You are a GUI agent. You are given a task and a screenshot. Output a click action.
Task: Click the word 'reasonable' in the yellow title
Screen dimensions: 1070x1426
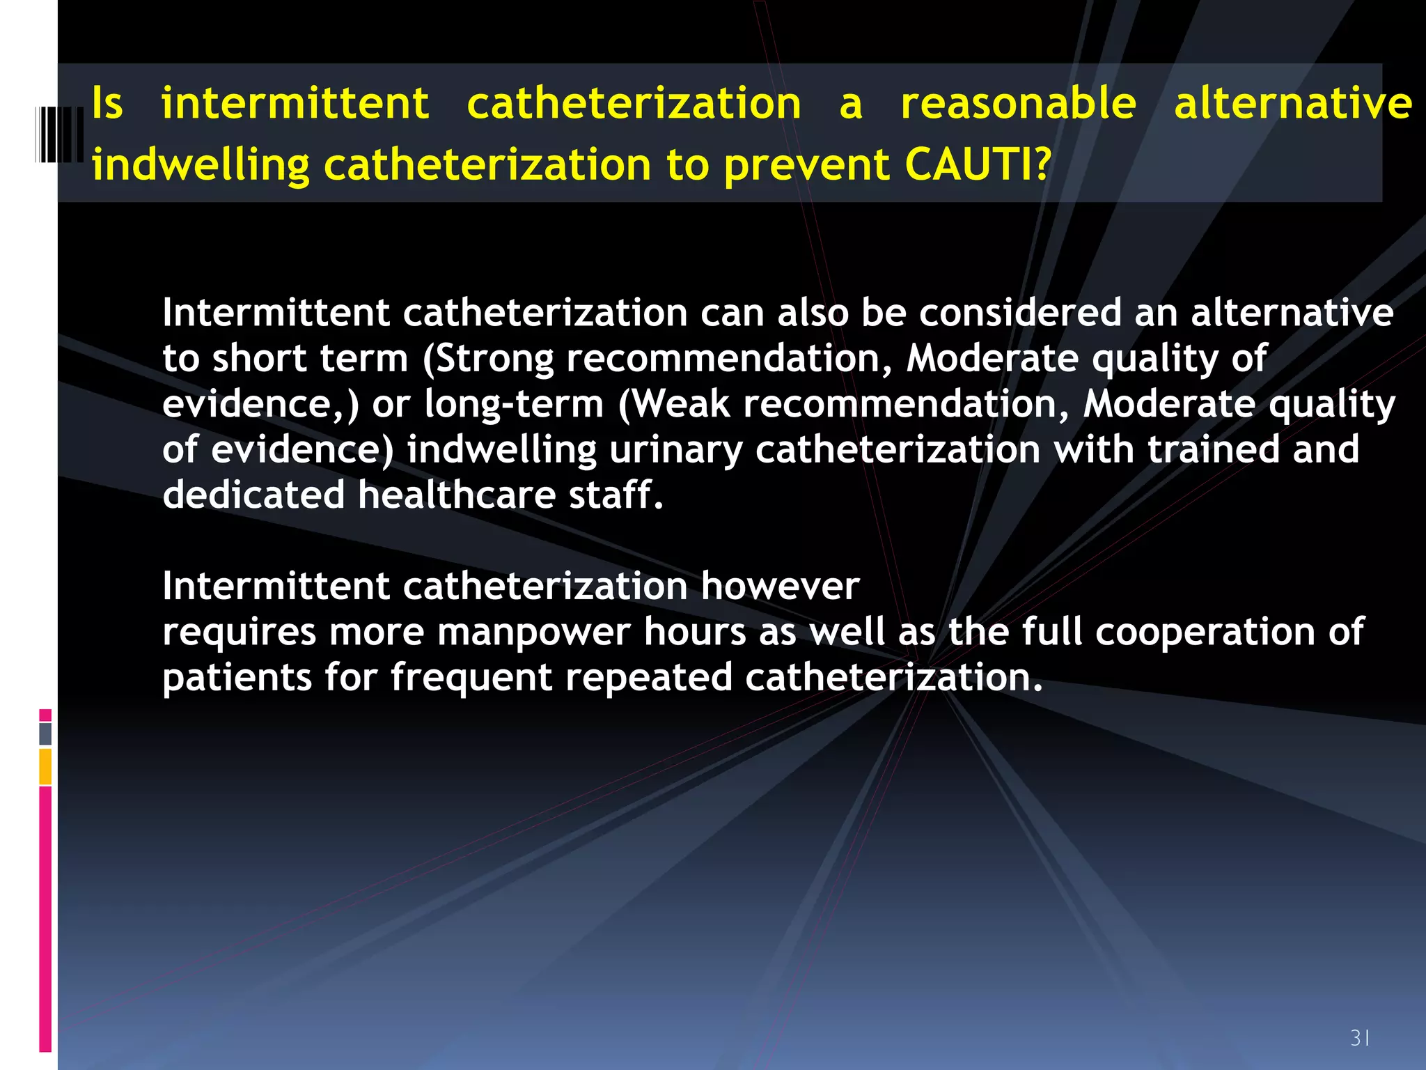coord(1019,104)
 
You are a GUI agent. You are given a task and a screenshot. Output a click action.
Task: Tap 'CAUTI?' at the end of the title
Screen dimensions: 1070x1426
coord(978,165)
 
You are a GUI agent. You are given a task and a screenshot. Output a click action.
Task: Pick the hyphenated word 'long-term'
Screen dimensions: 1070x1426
coord(514,404)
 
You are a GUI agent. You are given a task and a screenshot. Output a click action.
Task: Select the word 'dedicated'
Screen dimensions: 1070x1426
coord(253,495)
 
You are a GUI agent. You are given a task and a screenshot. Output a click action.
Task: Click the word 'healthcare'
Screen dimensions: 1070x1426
coord(457,495)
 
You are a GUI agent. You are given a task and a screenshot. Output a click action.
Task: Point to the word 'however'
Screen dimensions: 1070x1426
coord(780,586)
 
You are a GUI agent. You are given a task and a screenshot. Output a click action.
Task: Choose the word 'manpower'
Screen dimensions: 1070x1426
coord(533,633)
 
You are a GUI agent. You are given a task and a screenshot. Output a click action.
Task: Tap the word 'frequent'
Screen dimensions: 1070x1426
coord(471,678)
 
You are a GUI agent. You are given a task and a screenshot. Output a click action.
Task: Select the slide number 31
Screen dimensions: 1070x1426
coord(1360,1038)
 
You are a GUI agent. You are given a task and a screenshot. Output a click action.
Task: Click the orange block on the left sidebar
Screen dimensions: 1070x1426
coord(45,766)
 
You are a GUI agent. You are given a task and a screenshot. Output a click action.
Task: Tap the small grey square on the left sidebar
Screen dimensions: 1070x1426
coord(45,734)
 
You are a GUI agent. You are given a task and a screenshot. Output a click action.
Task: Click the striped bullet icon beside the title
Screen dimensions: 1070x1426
coord(59,135)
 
